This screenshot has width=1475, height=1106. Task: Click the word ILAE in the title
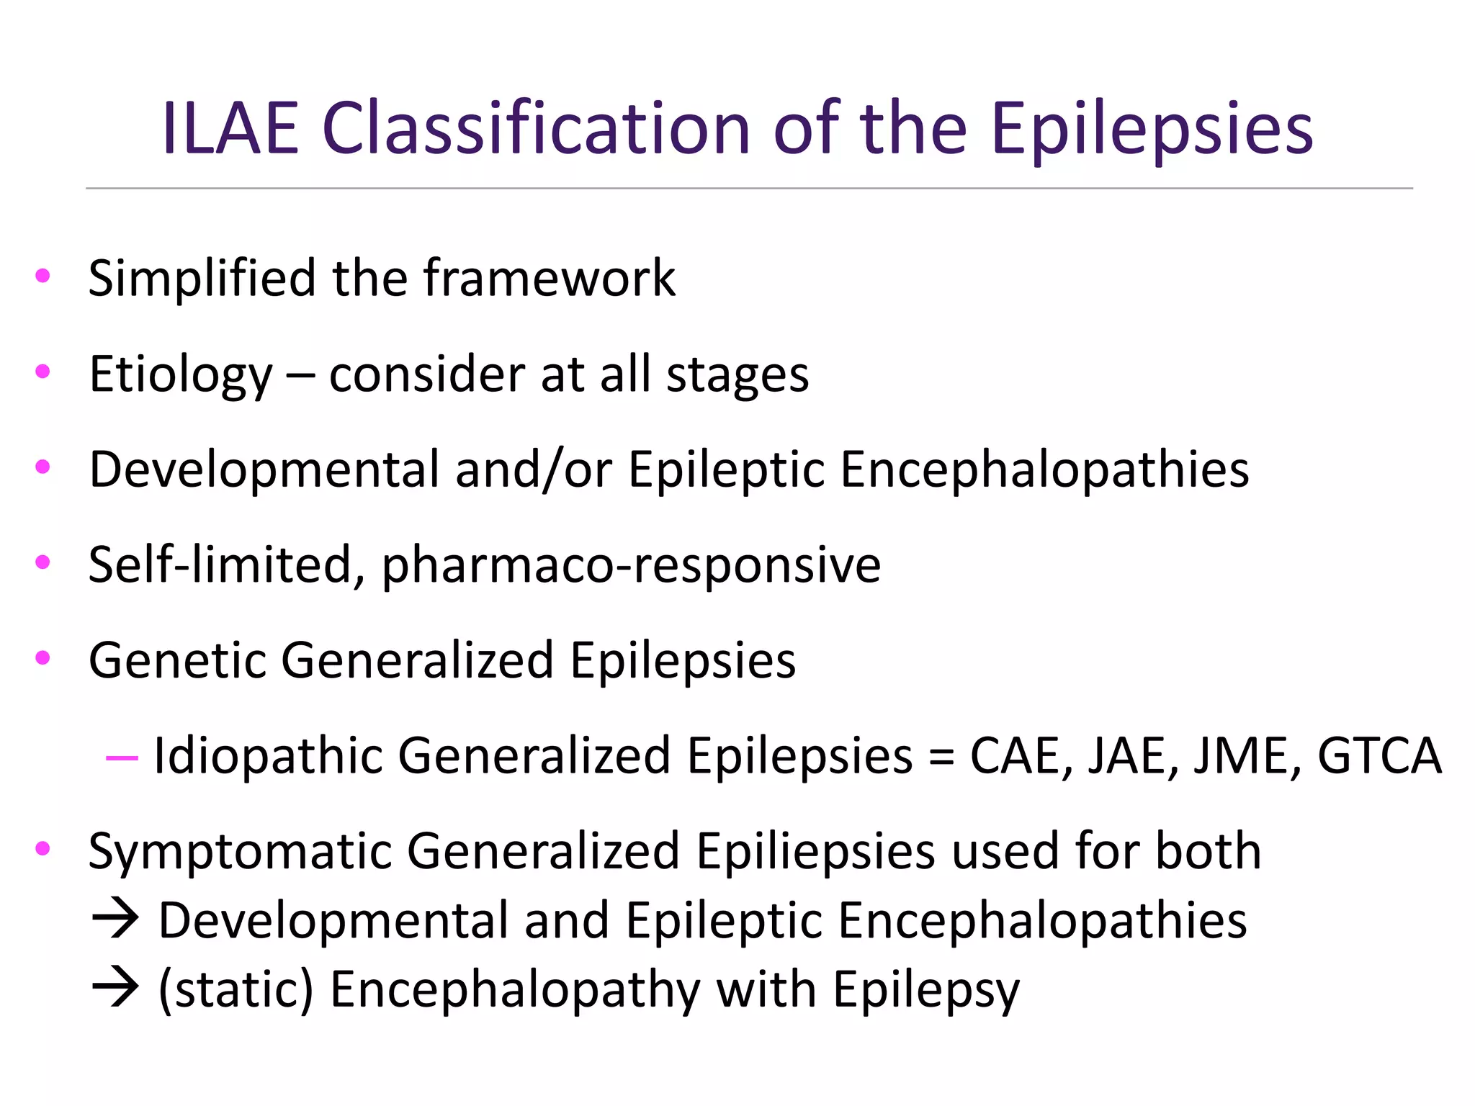click(230, 130)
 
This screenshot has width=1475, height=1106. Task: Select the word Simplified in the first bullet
click(202, 279)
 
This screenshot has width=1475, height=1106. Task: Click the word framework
click(550, 279)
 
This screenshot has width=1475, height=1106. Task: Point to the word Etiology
click(180, 375)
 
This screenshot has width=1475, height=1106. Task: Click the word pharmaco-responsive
click(631, 565)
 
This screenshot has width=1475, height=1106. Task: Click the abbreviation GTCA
click(1379, 756)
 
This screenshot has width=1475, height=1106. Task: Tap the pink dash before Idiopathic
click(121, 757)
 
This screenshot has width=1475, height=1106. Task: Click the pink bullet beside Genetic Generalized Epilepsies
click(42, 657)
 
